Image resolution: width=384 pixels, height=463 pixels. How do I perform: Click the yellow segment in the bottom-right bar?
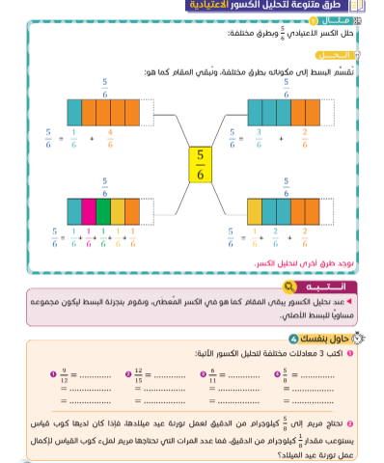point(254,210)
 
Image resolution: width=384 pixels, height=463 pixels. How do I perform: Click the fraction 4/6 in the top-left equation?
point(110,140)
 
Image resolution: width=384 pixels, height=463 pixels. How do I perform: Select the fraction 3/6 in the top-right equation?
point(258,140)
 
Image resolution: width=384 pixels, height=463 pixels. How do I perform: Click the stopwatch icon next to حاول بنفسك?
point(360,338)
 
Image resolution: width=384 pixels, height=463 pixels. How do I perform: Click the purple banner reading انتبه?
point(327,286)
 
